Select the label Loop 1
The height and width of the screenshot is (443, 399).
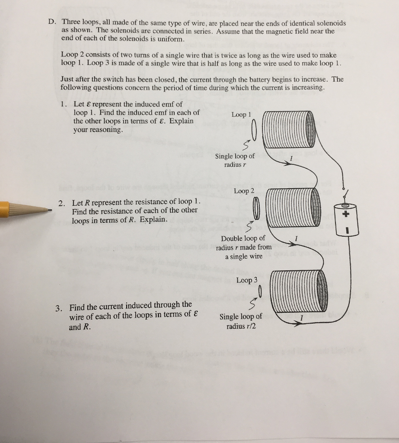241,115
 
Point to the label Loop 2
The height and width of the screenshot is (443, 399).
244,191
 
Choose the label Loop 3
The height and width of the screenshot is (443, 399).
247,280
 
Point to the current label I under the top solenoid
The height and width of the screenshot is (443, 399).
292,159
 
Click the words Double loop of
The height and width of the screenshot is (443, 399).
243,238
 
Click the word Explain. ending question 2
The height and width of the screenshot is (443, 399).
153,219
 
